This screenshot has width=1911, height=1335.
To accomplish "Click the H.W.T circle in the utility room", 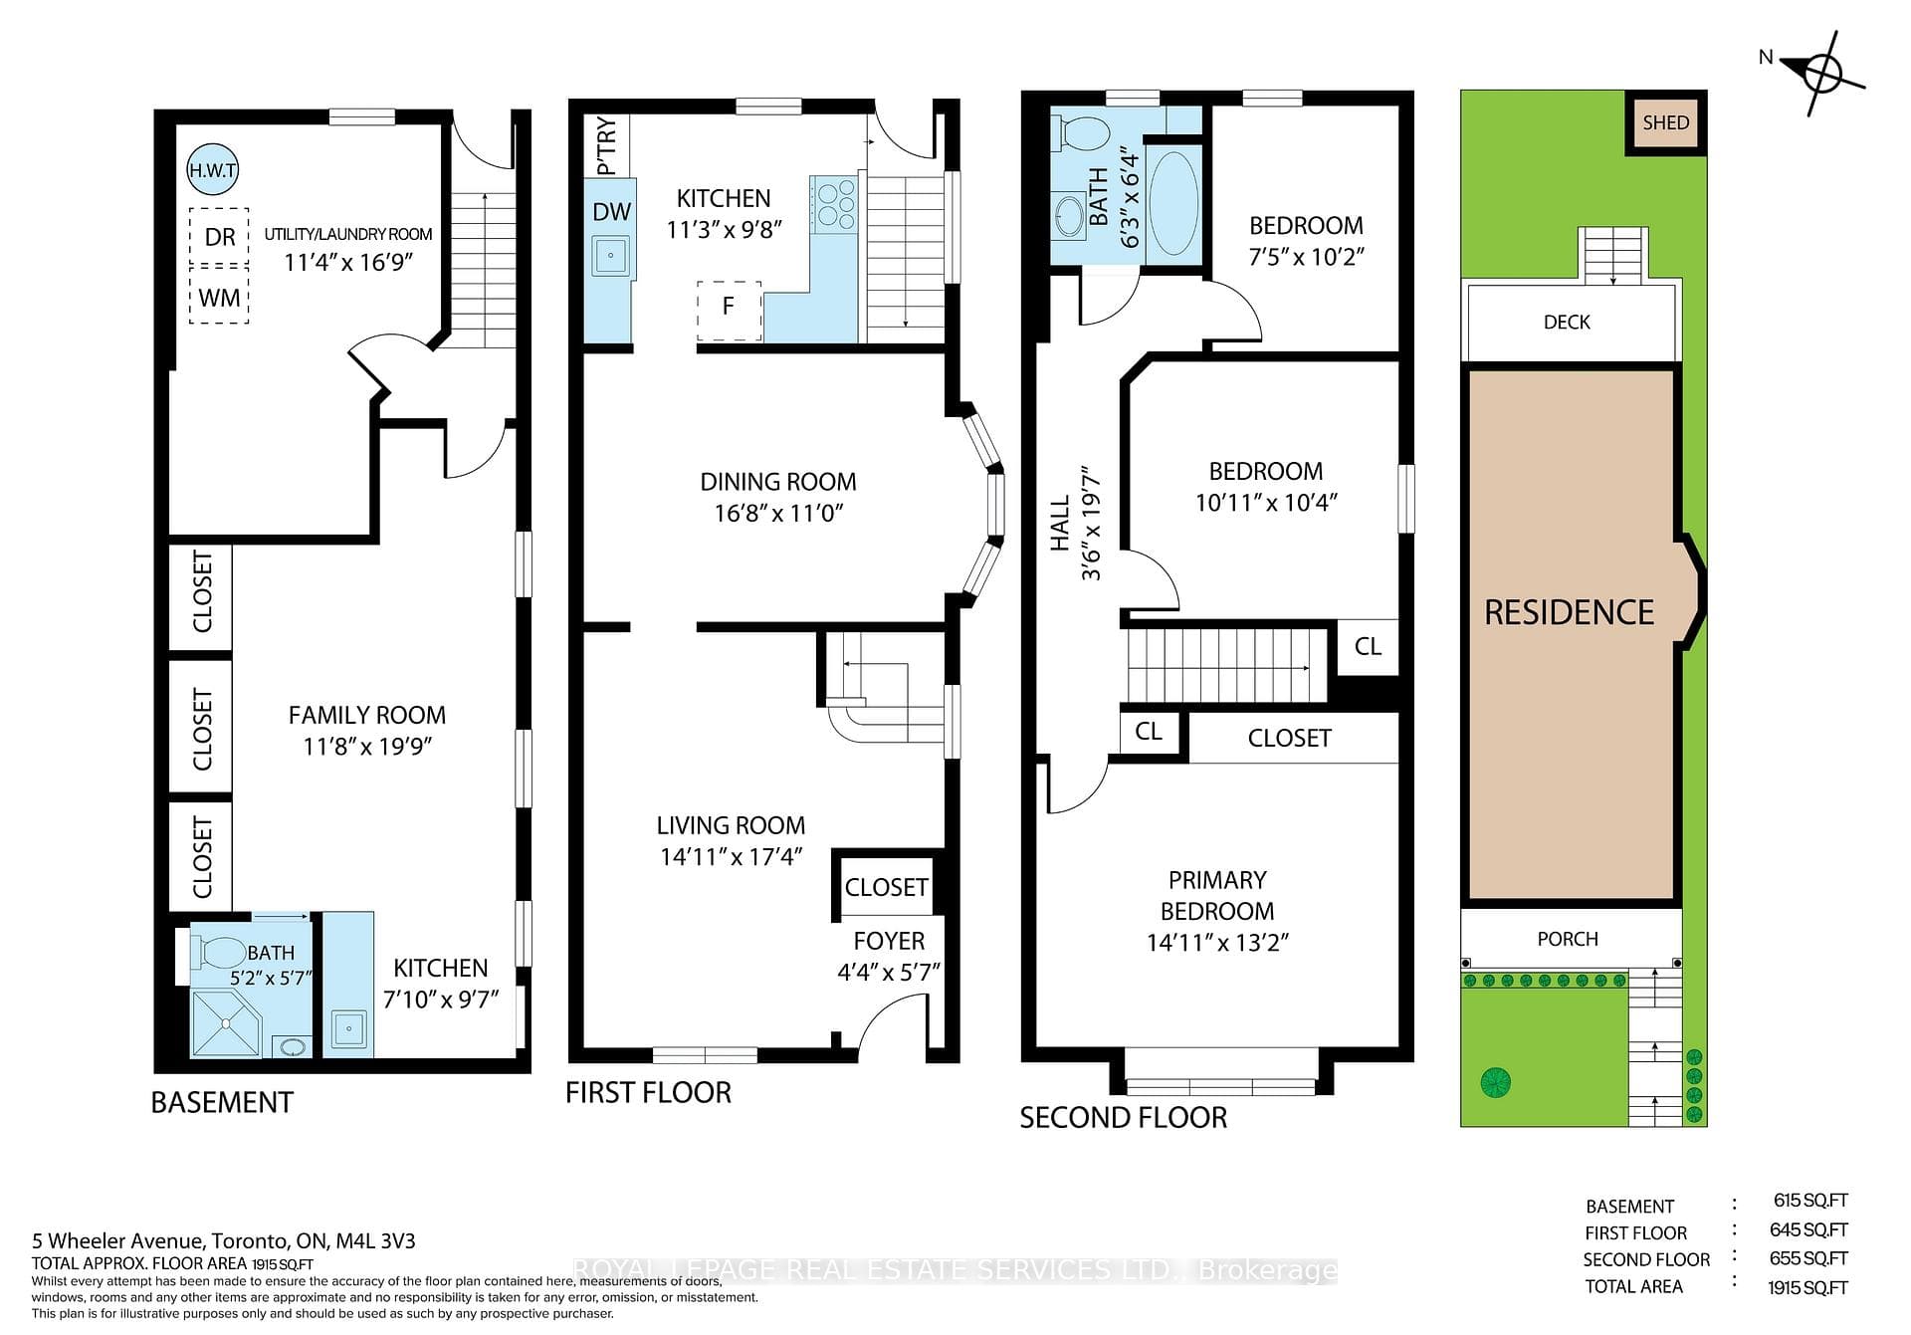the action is [x=213, y=170].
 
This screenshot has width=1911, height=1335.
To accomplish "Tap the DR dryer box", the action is [x=219, y=236].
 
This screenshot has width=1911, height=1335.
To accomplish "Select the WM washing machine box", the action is [x=219, y=296].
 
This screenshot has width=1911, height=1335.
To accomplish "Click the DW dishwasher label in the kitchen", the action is [x=611, y=211].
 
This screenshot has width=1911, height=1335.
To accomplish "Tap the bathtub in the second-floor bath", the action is [x=1174, y=204].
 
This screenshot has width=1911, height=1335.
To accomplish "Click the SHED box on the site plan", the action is [x=1666, y=122].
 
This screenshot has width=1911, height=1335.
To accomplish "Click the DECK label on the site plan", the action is [x=1567, y=322].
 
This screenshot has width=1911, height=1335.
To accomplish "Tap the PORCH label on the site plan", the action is [x=1568, y=939].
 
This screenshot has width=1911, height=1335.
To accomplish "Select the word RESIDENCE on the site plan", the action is [x=1569, y=612].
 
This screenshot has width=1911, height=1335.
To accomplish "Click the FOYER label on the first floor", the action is [x=889, y=941].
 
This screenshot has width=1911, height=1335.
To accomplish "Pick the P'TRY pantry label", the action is [x=606, y=146].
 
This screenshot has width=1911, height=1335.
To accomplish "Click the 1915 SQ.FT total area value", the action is [x=1807, y=1287].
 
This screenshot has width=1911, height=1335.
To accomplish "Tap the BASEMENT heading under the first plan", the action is [x=222, y=1102].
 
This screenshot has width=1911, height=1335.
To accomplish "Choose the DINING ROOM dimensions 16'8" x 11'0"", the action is [x=778, y=513].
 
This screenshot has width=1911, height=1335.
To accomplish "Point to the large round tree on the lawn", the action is [x=1496, y=1081].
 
